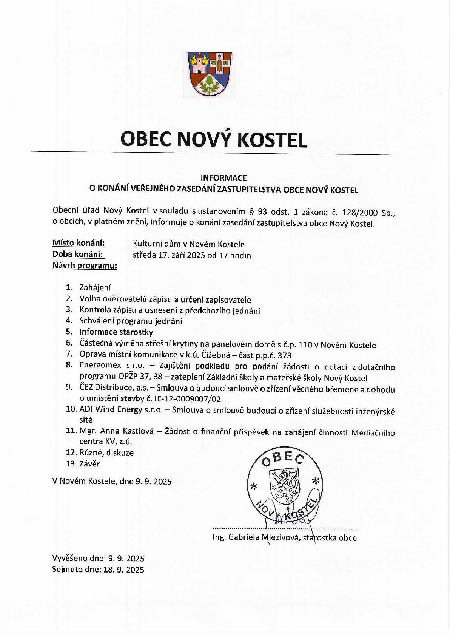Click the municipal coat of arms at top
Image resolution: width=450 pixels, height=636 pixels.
(x=210, y=73)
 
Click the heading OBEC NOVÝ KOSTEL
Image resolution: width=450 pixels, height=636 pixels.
(x=214, y=139)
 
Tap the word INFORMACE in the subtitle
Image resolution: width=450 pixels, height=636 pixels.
(x=223, y=178)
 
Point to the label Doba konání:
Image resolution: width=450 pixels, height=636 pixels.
(x=78, y=254)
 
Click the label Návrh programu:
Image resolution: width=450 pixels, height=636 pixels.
(x=85, y=266)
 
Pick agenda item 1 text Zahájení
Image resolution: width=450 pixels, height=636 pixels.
(x=95, y=288)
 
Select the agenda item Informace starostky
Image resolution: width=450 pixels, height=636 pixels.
(x=116, y=332)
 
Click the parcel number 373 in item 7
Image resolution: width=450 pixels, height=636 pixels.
(x=284, y=355)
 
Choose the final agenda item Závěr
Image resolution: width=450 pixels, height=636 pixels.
(x=89, y=463)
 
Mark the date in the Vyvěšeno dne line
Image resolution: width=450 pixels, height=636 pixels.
(x=126, y=558)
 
